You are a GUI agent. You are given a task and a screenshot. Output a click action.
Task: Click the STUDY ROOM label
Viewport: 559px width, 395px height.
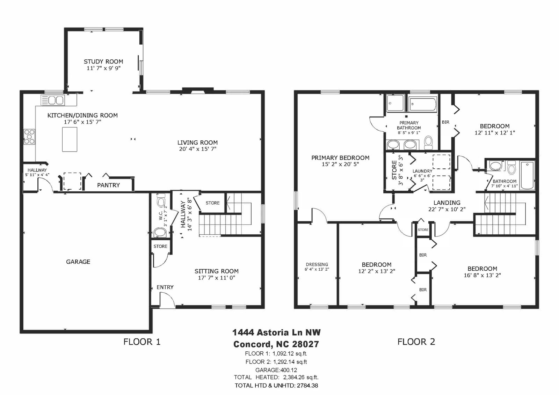[103, 61]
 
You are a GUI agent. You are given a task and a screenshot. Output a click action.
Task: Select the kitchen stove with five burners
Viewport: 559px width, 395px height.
[29, 137]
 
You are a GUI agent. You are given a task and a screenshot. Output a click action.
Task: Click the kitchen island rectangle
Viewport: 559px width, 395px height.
[70, 139]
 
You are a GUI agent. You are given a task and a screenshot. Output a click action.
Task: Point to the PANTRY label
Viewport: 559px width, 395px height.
[109, 185]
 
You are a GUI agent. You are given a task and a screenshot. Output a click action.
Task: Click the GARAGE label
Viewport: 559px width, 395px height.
[78, 262]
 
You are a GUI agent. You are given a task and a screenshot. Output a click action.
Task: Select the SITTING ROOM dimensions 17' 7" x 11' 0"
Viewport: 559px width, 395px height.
[217, 278]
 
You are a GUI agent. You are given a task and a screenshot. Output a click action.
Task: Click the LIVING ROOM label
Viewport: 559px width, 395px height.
[198, 142]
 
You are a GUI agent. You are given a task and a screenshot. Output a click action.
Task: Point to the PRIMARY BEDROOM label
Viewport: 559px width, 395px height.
[340, 158]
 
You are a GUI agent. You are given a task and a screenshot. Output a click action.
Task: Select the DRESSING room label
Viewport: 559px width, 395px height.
[317, 264]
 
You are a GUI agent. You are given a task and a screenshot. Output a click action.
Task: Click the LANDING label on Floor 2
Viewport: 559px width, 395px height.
[447, 203]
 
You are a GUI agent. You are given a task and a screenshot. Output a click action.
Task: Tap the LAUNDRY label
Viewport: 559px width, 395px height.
[422, 171]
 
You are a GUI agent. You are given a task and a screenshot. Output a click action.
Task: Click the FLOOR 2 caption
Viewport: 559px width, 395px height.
[416, 342]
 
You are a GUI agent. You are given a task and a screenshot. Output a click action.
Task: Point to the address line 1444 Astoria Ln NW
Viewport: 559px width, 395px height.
[276, 332]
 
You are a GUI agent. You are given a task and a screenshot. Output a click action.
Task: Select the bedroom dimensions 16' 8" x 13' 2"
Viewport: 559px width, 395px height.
[482, 275]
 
